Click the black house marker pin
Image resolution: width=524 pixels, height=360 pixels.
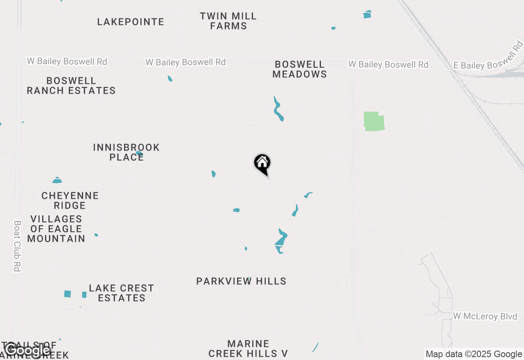pyautogui.click(x=262, y=163)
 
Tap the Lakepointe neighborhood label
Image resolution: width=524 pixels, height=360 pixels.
pyautogui.click(x=131, y=22)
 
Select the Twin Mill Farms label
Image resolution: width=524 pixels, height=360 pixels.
pyautogui.click(x=228, y=21)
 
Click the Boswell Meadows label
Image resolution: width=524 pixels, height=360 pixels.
pyautogui.click(x=300, y=69)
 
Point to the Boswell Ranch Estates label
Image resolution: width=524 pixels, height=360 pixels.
pyautogui.click(x=71, y=85)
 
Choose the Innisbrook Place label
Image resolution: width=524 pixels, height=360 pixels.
pyautogui.click(x=126, y=152)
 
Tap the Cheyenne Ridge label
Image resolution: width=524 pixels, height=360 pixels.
pyautogui.click(x=70, y=200)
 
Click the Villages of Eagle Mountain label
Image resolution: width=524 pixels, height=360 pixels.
pyautogui.click(x=56, y=229)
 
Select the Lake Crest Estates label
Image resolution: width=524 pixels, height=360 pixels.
pyautogui.click(x=121, y=293)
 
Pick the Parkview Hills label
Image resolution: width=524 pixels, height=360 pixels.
pyautogui.click(x=241, y=281)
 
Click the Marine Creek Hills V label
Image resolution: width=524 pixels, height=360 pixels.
pyautogui.click(x=248, y=349)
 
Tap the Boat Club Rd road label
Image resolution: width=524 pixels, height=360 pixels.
pyautogui.click(x=17, y=246)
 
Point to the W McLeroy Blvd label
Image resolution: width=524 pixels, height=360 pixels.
pyautogui.click(x=485, y=316)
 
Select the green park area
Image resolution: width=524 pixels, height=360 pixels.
pyautogui.click(x=374, y=122)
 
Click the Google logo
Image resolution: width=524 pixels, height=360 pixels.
pyautogui.click(x=28, y=350)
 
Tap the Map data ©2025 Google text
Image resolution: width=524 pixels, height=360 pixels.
pyautogui.click(x=474, y=354)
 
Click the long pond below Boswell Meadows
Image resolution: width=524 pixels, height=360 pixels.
pyautogui.click(x=278, y=109)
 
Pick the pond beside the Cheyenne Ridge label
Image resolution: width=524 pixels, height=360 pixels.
pyautogui.click(x=57, y=180)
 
